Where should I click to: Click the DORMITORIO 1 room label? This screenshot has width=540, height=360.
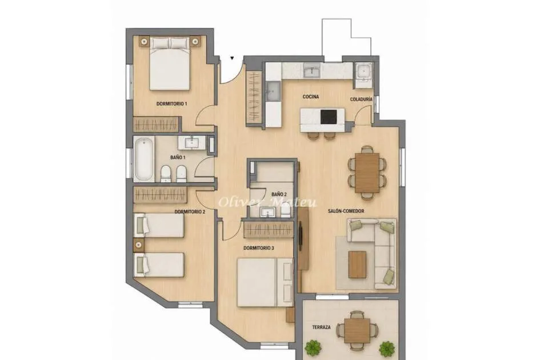[x=171, y=103]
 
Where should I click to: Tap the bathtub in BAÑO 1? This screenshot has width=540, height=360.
[x=143, y=159]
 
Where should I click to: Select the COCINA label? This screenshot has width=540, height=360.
[x=311, y=97]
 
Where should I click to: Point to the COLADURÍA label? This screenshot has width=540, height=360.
[x=361, y=99]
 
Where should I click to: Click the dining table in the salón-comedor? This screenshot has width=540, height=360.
[x=367, y=172]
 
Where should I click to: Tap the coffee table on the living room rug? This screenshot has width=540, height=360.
[x=357, y=264]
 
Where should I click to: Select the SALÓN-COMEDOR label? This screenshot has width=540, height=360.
[x=346, y=211]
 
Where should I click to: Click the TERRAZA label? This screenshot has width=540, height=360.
[x=321, y=327]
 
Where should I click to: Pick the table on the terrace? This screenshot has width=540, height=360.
[x=358, y=330]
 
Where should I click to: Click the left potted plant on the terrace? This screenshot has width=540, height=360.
[x=313, y=347]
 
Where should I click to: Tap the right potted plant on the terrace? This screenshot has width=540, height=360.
[x=387, y=349]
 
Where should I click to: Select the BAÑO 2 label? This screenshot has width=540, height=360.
[x=279, y=194]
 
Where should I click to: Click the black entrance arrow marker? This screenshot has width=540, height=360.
[x=233, y=58]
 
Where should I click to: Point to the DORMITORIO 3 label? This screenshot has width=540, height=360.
[x=259, y=248]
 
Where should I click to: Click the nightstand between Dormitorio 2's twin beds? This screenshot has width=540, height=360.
[x=139, y=245]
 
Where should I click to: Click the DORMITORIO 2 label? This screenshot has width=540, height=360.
[x=190, y=212]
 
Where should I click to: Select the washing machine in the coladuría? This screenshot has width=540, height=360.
[x=363, y=71]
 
